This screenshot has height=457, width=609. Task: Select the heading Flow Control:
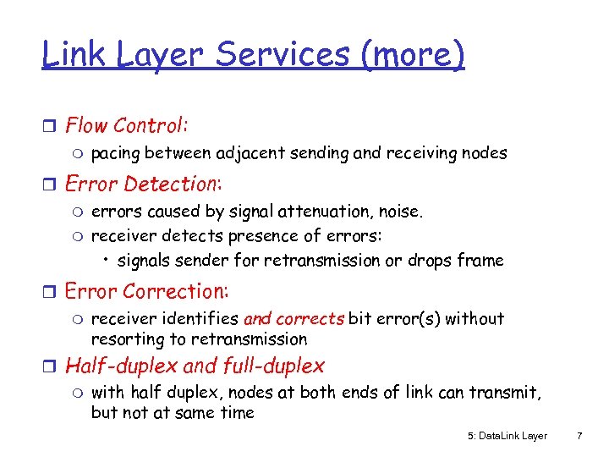pos(126,126)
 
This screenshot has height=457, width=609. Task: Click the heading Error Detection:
pos(143,184)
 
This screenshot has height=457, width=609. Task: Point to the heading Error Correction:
pos(146,291)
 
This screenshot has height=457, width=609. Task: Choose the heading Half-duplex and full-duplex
pos(195,366)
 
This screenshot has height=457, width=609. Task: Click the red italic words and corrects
pos(294,319)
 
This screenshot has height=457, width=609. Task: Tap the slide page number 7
pos(579,436)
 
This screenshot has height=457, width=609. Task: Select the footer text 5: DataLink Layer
pos(507,436)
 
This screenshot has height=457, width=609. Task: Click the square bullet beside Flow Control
pos(50,127)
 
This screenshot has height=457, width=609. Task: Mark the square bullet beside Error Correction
pos(50,292)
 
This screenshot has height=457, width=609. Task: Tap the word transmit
pos(509,393)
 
